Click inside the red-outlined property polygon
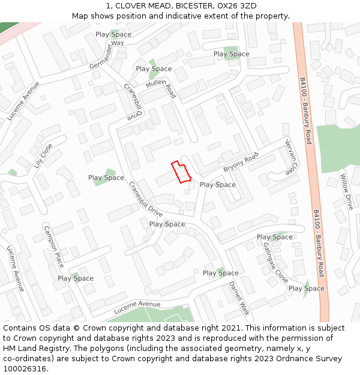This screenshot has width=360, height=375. [181, 172]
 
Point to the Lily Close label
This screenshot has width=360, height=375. [43, 155]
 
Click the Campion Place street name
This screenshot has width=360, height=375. [54, 247]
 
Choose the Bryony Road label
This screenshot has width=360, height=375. [241, 163]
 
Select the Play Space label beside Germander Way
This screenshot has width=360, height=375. [113, 35]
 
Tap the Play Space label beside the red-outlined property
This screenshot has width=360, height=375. [218, 185]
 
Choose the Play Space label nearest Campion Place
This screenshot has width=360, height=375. [76, 278]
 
